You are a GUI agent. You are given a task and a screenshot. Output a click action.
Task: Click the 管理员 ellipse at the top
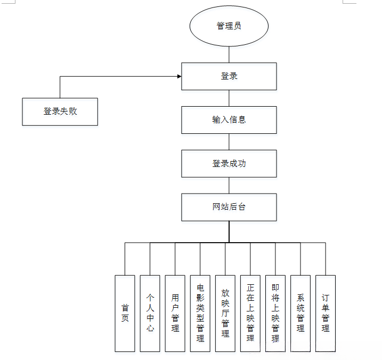(x=229, y=26)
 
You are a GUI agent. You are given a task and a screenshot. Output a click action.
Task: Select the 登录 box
(x=229, y=76)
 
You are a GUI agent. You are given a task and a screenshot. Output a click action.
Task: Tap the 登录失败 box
(x=60, y=111)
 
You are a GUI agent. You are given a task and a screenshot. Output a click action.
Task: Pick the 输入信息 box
(x=229, y=120)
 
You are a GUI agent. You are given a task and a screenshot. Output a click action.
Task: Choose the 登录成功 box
(x=229, y=164)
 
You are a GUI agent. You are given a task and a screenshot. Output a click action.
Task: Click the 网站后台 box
(x=229, y=207)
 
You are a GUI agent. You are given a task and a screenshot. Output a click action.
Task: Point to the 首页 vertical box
(x=125, y=313)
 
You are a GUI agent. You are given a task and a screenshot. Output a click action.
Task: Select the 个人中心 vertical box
(x=150, y=313)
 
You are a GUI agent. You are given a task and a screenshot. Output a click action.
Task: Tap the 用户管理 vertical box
(x=175, y=313)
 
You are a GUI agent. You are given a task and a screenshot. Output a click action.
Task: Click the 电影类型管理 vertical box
(x=200, y=313)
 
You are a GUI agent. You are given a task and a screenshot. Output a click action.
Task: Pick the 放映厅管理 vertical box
(x=225, y=313)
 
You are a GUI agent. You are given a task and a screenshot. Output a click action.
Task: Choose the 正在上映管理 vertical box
(x=250, y=313)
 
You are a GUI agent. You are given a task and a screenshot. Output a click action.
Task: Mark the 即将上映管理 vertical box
(x=275, y=313)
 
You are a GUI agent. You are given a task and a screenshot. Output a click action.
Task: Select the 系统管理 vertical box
(x=300, y=313)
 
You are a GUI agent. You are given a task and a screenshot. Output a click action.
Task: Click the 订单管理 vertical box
(x=326, y=313)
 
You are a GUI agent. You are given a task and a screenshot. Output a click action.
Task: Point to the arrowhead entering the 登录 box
(x=178, y=76)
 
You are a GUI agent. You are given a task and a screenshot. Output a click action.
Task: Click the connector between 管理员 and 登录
(x=229, y=54)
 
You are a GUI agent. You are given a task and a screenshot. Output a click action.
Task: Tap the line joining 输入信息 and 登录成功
(x=229, y=142)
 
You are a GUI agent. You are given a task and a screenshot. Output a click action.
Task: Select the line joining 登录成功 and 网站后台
(x=229, y=186)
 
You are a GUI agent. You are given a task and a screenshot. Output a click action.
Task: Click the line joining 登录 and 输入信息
(x=229, y=98)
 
